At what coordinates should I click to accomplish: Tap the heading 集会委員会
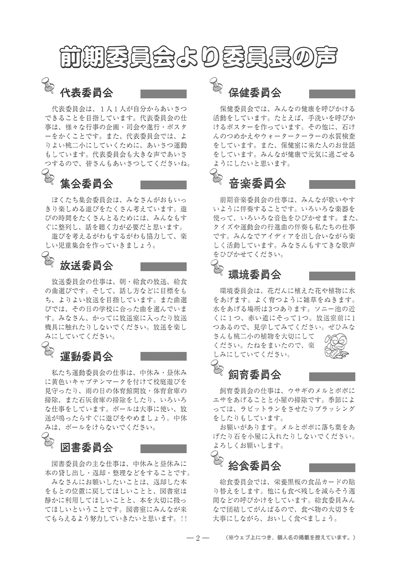tap(86, 184)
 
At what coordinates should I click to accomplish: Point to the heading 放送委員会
tap(86, 266)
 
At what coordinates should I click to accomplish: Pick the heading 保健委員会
tap(255, 92)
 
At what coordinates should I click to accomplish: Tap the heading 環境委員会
tap(255, 275)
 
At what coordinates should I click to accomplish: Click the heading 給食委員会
tap(255, 466)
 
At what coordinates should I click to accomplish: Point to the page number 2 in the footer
tap(198, 538)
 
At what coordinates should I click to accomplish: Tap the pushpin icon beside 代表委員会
tap(48, 86)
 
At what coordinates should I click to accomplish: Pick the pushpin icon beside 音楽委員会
tap(217, 177)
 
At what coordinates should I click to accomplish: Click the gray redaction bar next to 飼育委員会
tap(332, 376)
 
